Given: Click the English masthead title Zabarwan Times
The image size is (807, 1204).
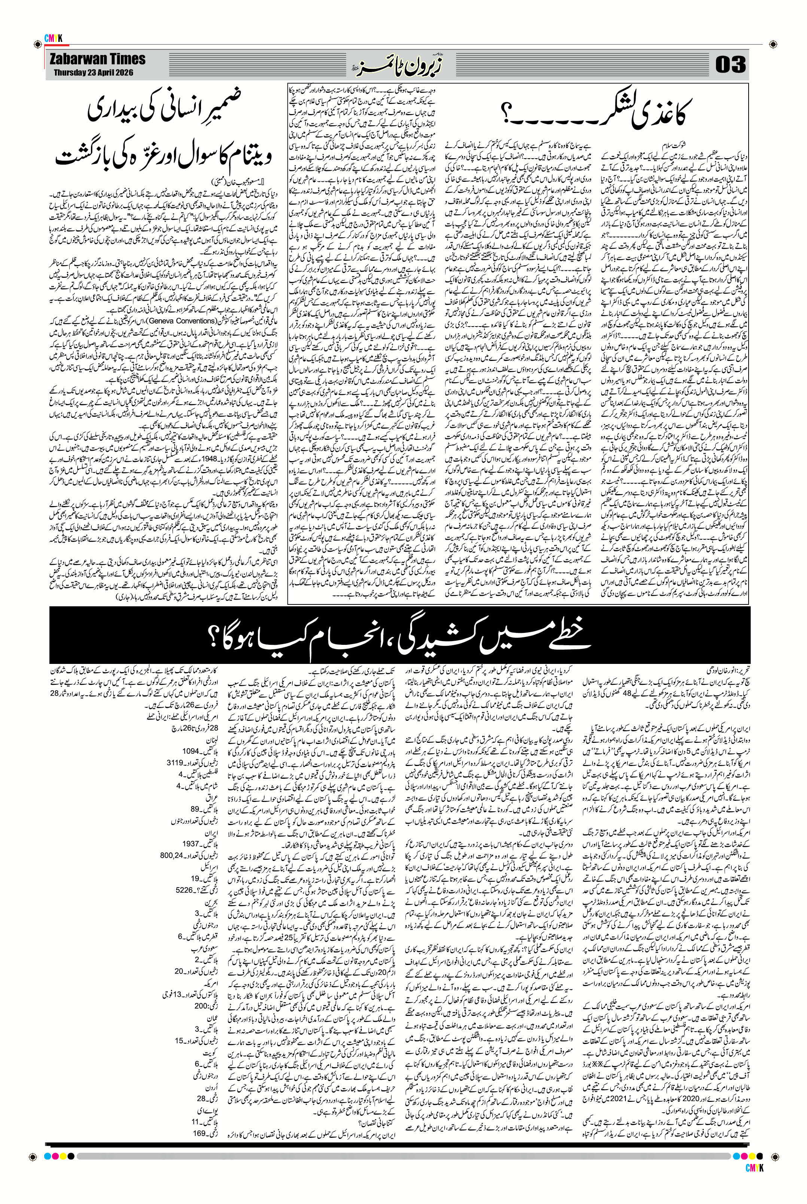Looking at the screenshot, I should pos(97,59).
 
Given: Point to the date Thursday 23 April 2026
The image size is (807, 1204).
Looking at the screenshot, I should pos(93,73).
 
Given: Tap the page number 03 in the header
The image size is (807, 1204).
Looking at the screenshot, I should pos(730,65).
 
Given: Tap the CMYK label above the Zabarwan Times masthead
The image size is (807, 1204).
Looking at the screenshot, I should pos(53,37).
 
